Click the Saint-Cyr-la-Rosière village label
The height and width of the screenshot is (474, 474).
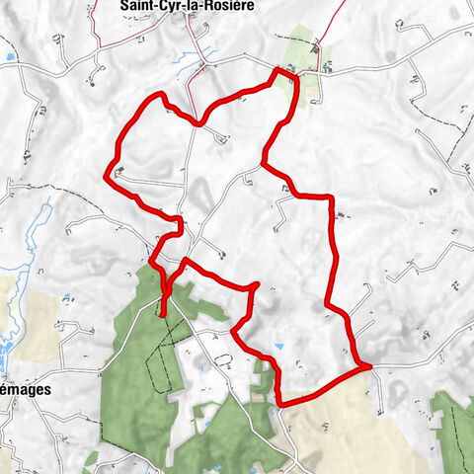pos(185,6)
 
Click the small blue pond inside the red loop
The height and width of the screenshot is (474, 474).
pos(279,347)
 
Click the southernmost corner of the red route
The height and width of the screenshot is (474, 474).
pos(280,403)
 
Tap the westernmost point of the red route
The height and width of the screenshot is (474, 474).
pos(106,176)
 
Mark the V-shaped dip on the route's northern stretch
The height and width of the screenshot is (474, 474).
pos(201,123)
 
